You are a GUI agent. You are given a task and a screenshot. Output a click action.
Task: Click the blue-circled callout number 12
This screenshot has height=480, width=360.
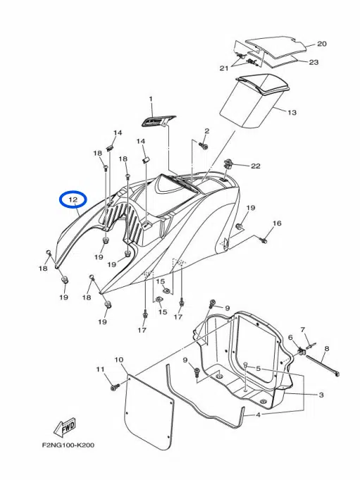pos(73,200)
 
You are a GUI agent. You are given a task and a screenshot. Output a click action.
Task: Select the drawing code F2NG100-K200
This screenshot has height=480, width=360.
pos(68,445)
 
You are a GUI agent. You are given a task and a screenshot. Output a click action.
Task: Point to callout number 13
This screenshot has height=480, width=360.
pos(292,112)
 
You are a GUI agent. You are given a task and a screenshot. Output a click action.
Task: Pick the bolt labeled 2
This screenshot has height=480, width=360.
pos(203,145)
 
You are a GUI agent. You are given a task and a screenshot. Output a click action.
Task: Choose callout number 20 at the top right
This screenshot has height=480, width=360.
pos(321,44)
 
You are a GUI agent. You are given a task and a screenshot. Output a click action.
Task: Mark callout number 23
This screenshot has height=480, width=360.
pos(314,62)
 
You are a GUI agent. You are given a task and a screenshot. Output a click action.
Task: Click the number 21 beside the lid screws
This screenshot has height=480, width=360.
pos(224,68)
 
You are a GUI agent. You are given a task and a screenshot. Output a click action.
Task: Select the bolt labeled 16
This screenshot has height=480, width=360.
pos(264,240)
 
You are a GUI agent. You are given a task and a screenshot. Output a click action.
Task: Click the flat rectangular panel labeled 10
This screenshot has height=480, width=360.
pos(149,412)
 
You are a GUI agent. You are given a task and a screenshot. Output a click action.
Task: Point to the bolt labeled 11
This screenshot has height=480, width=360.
pos(113,387)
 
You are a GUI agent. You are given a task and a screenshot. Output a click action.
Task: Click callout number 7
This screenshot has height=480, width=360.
pos(302,330)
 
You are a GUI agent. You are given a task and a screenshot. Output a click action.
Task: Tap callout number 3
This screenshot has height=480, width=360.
pos(321,395)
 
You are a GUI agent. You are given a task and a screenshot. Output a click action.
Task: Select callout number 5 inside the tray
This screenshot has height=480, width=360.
pos(258,369)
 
